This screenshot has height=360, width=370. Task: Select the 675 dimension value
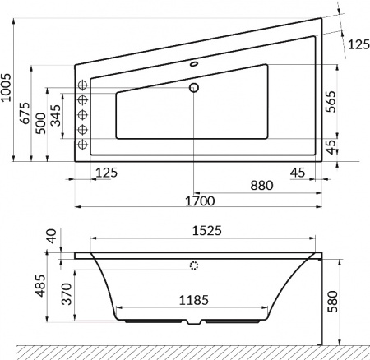(x=26, y=113)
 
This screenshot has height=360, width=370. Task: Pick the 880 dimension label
(x=261, y=187)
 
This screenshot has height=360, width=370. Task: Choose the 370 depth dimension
(x=57, y=293)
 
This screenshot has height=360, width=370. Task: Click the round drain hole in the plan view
(x=195, y=87)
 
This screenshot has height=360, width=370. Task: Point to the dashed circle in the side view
(x=195, y=266)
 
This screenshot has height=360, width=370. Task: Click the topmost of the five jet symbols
(x=82, y=85)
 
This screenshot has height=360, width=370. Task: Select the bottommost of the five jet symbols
(x=82, y=145)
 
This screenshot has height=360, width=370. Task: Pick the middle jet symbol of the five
(x=82, y=115)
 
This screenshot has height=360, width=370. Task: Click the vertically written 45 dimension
(x=331, y=146)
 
